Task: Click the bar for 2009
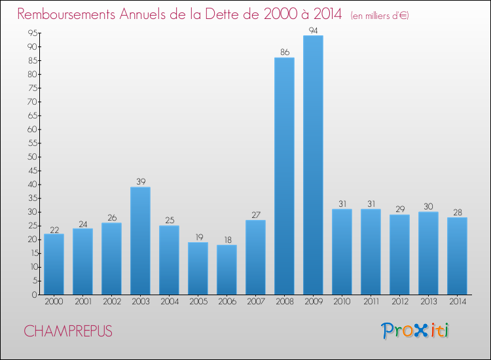313,165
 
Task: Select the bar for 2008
284,176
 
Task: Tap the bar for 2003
140,241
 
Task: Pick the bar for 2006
227,270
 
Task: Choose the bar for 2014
457,256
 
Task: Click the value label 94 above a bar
313,31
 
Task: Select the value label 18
227,240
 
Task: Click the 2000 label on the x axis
54,302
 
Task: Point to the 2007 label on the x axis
255,302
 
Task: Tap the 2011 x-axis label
371,302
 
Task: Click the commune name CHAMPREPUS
68,331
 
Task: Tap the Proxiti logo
415,331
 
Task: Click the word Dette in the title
225,14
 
